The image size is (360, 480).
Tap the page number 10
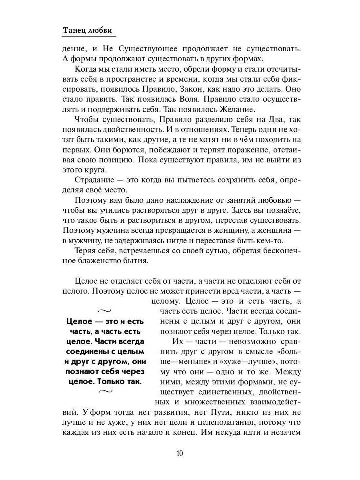[180, 453]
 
